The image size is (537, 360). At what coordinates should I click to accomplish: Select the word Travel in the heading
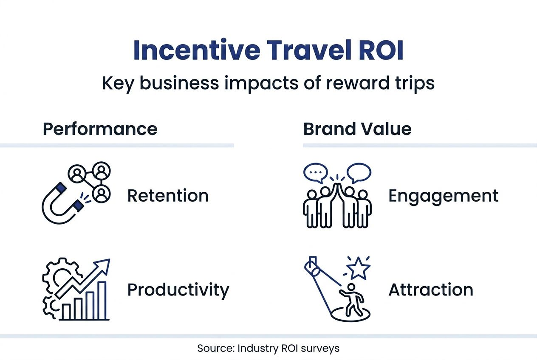(303, 51)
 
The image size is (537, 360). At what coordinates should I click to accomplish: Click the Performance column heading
(100, 129)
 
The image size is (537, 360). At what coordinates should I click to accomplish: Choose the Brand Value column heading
(357, 129)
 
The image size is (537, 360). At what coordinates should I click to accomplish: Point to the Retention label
(168, 196)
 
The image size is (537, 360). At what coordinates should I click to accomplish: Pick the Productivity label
(178, 290)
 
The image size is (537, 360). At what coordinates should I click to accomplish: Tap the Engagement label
(443, 196)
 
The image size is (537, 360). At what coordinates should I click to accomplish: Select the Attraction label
(431, 290)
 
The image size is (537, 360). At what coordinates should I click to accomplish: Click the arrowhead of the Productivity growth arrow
(105, 265)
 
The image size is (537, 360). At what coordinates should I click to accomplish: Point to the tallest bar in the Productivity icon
(102, 300)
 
